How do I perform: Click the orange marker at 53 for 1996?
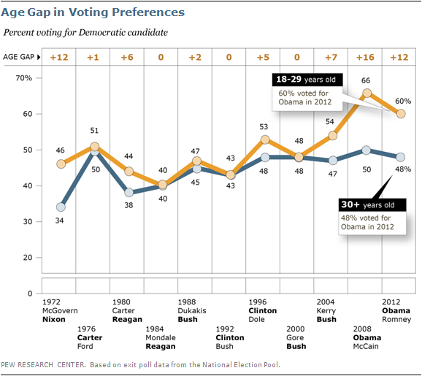[x=266, y=139]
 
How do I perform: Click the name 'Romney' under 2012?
[x=397, y=319]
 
